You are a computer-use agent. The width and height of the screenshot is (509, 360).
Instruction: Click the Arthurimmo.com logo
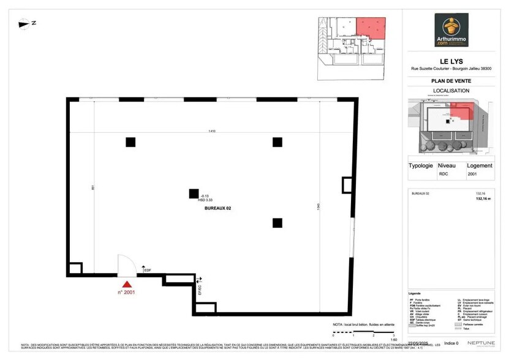451,30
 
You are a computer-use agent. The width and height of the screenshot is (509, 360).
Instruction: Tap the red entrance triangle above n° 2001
127,284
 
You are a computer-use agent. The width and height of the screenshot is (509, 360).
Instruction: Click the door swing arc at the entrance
127,264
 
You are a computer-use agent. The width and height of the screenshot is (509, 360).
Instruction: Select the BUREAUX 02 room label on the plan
217,209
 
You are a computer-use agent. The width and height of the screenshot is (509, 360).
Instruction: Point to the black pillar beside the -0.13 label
194,193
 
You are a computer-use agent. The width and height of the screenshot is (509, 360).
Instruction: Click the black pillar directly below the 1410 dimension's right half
277,142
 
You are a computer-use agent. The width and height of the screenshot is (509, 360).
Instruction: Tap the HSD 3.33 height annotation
205,200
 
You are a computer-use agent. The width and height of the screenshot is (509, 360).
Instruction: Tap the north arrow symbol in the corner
27,23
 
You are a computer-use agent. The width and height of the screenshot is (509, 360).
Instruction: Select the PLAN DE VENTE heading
451,80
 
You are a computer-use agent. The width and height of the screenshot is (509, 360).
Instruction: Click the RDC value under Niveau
443,174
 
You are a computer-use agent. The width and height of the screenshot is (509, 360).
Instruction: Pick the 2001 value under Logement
472,174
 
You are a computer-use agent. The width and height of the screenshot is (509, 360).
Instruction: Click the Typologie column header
420,165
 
